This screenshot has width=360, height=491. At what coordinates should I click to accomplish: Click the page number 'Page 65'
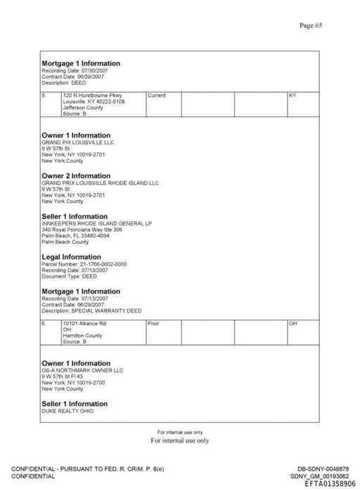point(310,25)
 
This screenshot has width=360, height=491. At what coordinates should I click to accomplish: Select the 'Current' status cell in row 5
point(157,96)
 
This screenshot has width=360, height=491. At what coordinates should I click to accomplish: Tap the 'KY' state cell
point(292,96)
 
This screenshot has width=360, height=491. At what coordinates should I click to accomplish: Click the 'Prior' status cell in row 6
point(154,324)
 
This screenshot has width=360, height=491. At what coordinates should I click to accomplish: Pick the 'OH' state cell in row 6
point(293,324)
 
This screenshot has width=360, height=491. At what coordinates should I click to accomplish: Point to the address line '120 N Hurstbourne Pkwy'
point(92,96)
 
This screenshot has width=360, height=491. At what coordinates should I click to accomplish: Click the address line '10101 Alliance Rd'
point(84,324)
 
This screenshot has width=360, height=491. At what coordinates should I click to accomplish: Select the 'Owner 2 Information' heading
point(76,176)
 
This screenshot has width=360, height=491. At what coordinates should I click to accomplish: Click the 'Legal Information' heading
point(71,257)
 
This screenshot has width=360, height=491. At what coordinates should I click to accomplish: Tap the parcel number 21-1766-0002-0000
point(84,264)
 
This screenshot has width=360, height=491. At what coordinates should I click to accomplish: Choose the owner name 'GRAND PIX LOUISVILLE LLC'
point(77,142)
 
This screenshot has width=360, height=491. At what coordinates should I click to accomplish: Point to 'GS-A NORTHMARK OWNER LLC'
point(82,370)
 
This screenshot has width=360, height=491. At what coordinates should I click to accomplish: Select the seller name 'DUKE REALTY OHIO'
point(67,411)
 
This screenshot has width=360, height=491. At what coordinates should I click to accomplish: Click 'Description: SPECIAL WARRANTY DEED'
point(91,310)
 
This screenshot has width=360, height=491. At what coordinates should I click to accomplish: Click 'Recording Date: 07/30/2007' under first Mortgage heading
point(75,70)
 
